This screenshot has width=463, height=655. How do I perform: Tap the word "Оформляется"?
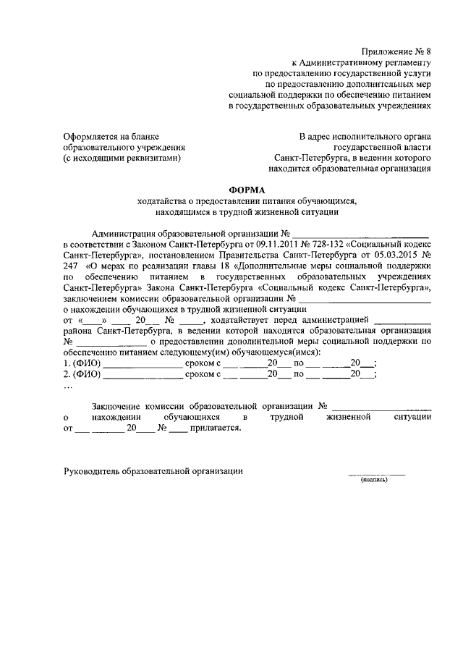point(91,136)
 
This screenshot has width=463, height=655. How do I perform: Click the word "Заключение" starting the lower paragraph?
point(117,406)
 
